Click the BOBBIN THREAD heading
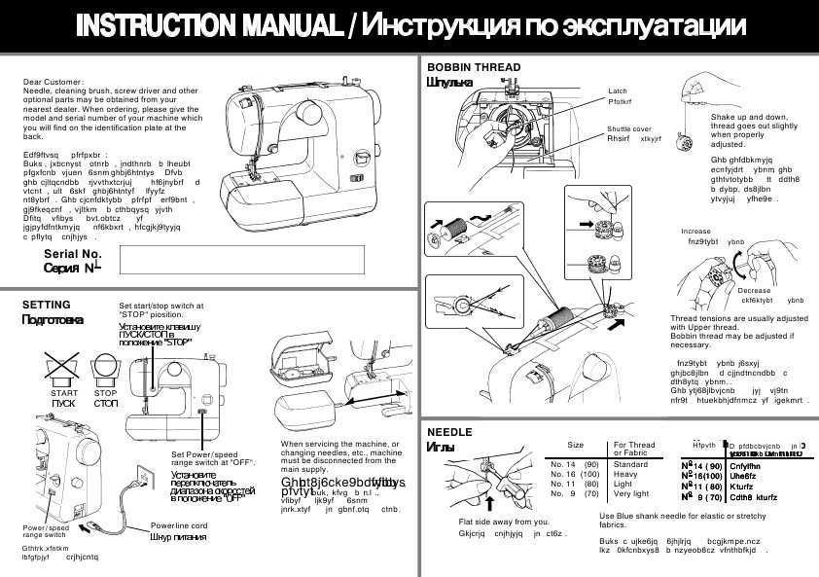474,67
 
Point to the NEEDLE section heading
449,431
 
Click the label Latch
618,90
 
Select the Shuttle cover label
629,128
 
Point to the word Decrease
754,290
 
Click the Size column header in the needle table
575,445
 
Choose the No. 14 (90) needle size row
574,465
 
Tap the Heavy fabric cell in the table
627,474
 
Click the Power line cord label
179,526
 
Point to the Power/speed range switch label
45,530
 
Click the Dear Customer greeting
53,82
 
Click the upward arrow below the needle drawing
489,503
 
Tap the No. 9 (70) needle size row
574,493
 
